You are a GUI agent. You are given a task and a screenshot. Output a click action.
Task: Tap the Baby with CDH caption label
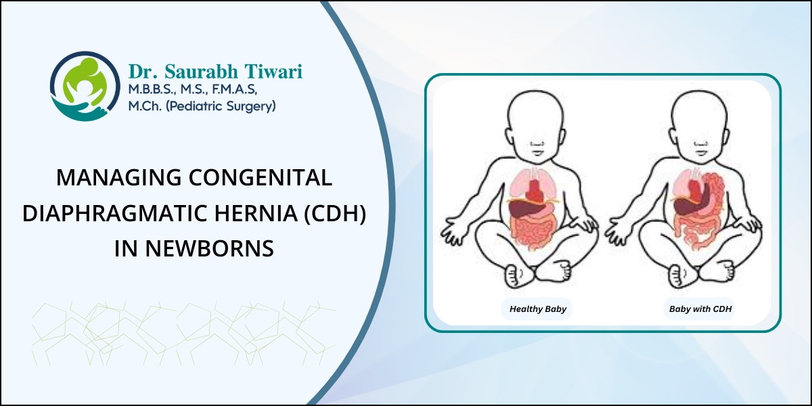701,309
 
